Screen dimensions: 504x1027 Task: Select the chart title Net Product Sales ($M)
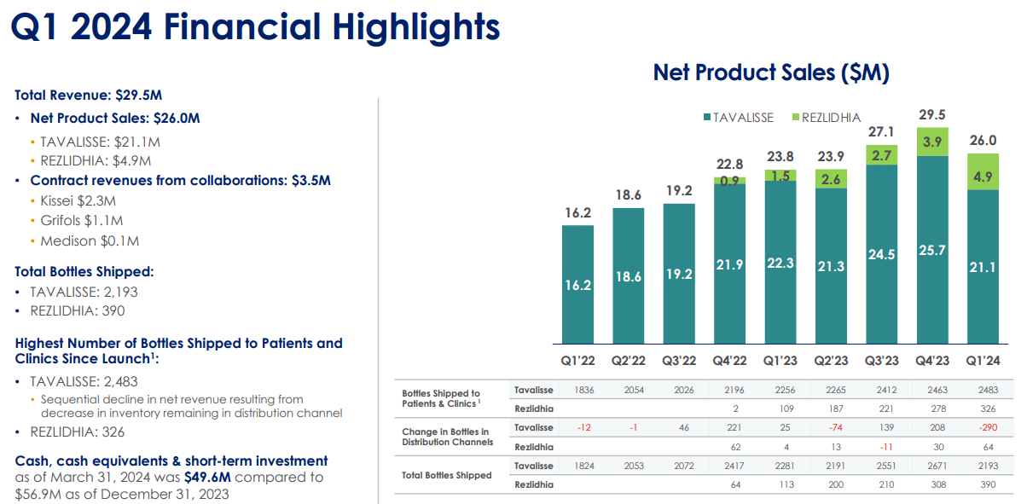[x=771, y=72]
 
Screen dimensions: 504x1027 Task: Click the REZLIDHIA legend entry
[x=827, y=117]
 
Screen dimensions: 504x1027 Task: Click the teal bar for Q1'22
[x=577, y=284]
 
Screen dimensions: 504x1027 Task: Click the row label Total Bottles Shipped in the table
[x=446, y=475]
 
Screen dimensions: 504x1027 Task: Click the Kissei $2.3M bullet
[x=78, y=200]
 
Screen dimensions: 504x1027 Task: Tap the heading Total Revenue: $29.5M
[x=89, y=96]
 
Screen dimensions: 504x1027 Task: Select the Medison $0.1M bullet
[x=90, y=241]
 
